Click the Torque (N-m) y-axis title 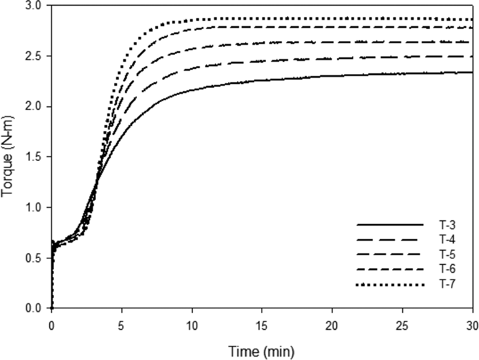click(x=8, y=157)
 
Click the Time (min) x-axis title click(x=261, y=351)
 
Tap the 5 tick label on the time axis click(x=122, y=326)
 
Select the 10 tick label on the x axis click(x=192, y=326)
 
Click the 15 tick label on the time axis click(x=262, y=326)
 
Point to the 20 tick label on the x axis click(x=332, y=326)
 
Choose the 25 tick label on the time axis click(x=403, y=326)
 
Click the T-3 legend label click(x=447, y=225)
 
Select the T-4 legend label click(x=447, y=240)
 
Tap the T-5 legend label click(x=447, y=254)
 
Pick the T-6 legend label click(x=447, y=269)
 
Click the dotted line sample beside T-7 click(x=390, y=285)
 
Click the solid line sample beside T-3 click(x=390, y=225)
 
